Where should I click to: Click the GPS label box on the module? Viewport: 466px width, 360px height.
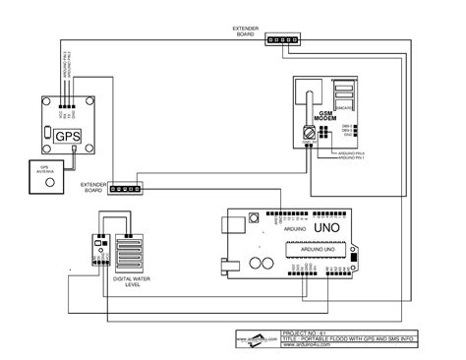coord(67,137)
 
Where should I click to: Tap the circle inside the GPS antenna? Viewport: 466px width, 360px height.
coord(45,184)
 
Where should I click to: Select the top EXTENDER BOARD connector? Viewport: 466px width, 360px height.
coord(283,40)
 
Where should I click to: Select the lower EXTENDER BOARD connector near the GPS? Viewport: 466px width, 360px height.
coord(126,188)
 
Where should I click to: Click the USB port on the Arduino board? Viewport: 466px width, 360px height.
coord(228,264)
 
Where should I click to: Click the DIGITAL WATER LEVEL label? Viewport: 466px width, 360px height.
coord(133,281)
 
